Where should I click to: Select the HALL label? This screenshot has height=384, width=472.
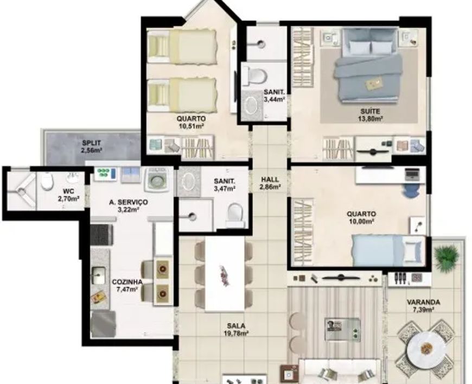[x=270, y=180]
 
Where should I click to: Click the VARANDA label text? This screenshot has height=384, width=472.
[x=423, y=302]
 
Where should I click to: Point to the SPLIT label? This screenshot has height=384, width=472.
[x=92, y=143]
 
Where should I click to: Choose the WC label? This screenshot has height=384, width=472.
[x=69, y=191]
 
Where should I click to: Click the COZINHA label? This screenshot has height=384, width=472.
[x=127, y=282]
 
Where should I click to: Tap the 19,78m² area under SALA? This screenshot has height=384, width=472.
[x=236, y=333]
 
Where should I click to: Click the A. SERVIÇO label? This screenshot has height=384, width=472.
[x=128, y=202]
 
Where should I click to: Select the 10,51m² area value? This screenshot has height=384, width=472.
[x=191, y=126]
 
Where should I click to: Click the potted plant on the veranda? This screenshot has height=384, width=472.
[x=447, y=255]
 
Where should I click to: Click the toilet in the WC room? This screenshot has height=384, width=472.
[x=48, y=181]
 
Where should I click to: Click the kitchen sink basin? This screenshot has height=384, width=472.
[x=98, y=275]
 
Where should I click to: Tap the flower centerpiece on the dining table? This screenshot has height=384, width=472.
[x=225, y=275]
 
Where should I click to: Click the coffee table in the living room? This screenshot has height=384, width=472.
[x=342, y=329]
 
